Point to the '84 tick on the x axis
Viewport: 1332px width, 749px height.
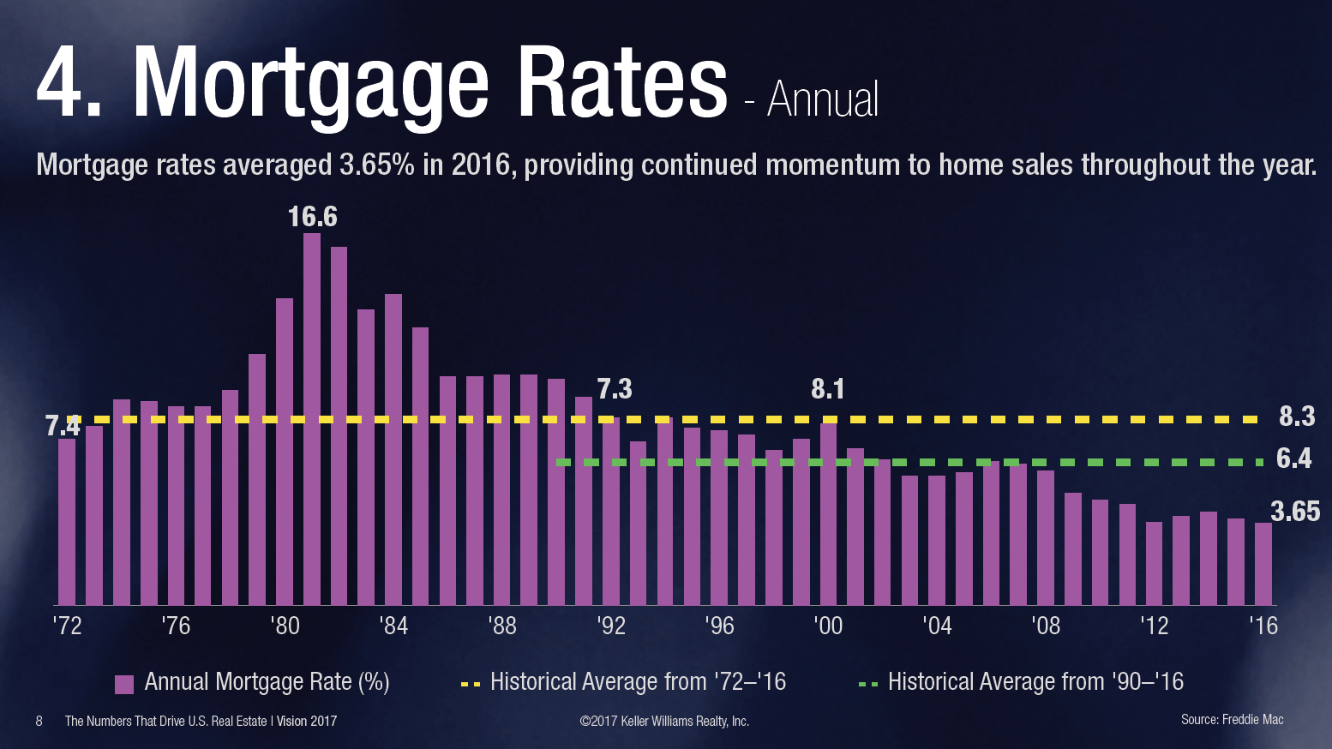point(393,626)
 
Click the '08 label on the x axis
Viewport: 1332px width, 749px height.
point(1046,626)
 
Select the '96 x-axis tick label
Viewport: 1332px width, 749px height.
point(719,626)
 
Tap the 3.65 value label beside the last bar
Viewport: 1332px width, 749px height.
point(1294,512)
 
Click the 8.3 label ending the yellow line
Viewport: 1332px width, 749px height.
point(1296,416)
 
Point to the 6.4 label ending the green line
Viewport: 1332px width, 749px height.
point(1293,459)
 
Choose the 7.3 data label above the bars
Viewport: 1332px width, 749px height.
point(614,389)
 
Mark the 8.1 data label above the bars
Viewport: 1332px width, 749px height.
point(828,389)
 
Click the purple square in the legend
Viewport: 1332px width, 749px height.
point(124,684)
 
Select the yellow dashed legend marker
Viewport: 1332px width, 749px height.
point(470,685)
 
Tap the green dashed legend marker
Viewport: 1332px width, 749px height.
point(867,685)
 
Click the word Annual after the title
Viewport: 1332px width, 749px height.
point(823,100)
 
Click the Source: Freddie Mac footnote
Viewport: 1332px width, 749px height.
point(1232,720)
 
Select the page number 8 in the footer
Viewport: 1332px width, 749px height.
point(39,722)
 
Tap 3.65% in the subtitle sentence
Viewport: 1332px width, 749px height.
point(376,165)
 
